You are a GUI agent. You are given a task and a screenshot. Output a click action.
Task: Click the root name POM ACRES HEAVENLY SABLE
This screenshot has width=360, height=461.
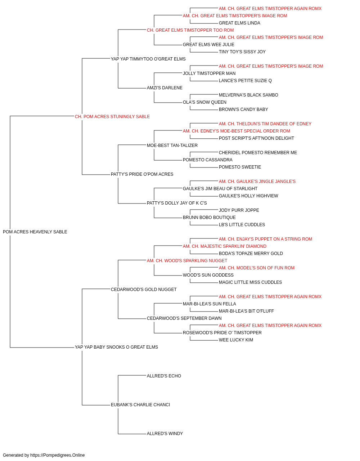(x=35, y=232)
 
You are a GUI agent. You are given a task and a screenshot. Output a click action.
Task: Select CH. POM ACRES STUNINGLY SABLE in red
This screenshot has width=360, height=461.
(x=112, y=117)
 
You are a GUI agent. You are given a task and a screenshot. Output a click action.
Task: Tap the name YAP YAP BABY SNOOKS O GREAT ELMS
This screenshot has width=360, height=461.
(x=116, y=347)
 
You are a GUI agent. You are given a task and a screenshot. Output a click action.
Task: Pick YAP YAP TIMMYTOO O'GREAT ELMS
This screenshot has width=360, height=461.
(x=148, y=59)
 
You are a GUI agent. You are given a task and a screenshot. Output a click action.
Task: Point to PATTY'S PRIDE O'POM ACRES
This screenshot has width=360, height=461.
(x=142, y=174)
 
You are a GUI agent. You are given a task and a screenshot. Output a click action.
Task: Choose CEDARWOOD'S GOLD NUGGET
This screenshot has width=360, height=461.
(x=144, y=289)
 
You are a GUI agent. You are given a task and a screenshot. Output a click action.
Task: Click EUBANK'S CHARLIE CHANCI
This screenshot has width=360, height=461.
(x=140, y=404)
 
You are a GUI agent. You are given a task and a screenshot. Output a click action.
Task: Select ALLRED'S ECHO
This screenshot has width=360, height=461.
(x=164, y=376)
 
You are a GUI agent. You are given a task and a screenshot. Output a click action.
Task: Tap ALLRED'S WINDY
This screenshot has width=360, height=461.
(x=165, y=433)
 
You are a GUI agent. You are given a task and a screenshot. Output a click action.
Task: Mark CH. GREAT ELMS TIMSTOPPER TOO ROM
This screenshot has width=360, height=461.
(x=190, y=30)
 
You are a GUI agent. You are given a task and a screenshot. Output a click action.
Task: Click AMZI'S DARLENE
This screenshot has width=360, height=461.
(x=165, y=88)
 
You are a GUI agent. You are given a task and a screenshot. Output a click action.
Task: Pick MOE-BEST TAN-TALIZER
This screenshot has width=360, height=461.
(x=172, y=145)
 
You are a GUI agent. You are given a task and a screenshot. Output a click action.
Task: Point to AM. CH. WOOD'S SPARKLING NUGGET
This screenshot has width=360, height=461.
(x=187, y=260)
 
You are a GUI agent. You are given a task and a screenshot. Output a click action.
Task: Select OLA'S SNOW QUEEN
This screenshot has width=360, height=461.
(x=204, y=102)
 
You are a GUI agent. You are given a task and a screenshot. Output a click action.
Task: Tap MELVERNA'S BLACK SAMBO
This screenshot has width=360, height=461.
(x=248, y=95)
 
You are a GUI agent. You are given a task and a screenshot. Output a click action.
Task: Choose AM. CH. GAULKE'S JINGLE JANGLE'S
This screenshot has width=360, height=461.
(x=257, y=182)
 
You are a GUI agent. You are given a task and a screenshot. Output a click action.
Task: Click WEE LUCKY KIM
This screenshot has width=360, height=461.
(x=236, y=340)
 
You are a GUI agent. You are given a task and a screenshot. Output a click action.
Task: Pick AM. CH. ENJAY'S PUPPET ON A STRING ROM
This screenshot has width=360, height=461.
(x=265, y=239)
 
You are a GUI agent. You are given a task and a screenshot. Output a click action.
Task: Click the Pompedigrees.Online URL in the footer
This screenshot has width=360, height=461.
(x=58, y=455)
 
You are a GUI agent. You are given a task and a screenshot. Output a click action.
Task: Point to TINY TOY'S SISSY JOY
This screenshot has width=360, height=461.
(x=242, y=52)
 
